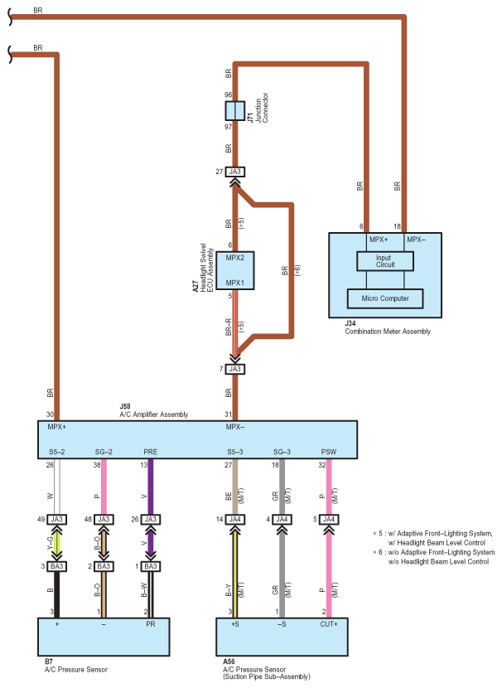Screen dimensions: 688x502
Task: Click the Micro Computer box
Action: coord(385,298)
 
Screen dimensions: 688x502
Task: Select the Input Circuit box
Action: coord(385,261)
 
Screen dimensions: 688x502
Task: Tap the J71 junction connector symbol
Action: coord(234,111)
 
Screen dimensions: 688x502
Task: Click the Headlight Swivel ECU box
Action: coord(235,270)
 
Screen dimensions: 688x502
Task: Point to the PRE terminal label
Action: coord(150,452)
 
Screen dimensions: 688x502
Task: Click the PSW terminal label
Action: coord(329,452)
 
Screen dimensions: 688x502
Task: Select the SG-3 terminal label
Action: coord(282,452)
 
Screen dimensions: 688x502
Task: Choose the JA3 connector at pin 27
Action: coord(234,172)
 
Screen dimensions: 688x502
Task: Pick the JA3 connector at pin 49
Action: coord(56,519)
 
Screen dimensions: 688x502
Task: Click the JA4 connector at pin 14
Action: coord(235,519)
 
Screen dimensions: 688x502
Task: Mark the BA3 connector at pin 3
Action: coord(56,566)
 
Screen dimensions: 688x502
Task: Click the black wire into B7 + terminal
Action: coord(56,592)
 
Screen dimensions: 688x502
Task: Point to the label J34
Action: coord(351,324)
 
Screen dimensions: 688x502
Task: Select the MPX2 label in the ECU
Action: coord(235,258)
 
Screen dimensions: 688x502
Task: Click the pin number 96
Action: coord(228,95)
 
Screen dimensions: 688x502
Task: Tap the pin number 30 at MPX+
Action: coord(50,415)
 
